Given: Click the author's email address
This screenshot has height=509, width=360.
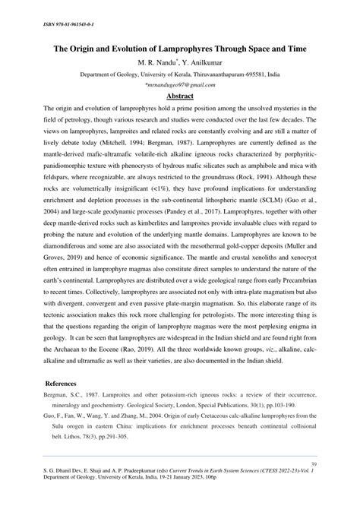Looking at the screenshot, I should [x=180, y=87].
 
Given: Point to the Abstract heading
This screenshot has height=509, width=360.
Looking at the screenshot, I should [x=180, y=98].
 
